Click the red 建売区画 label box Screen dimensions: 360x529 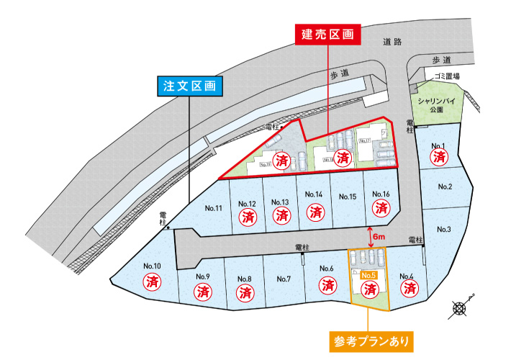click(327, 35)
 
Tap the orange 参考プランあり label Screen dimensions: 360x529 click(369, 338)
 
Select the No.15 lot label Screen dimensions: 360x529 click(348, 197)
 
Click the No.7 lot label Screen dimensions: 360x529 click(283, 279)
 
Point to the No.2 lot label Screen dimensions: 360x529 click(445, 187)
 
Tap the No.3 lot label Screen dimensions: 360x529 click(443, 230)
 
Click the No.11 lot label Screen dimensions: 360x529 click(213, 208)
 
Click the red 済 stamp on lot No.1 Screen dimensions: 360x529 click(439, 156)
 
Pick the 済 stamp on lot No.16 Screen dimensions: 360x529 click(381, 208)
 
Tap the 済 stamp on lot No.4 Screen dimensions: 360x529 click(410, 289)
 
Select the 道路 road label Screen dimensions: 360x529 click(393, 42)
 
